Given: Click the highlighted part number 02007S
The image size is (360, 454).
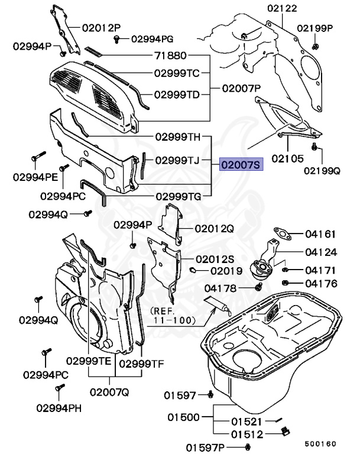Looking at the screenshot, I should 240,164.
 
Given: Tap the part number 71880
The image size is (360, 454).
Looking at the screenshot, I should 170,56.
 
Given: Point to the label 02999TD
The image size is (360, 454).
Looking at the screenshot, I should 177,94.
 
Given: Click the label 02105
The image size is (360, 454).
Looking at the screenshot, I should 287,159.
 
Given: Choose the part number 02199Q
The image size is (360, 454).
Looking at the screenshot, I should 322,171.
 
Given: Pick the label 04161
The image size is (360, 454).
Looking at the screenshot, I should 321,234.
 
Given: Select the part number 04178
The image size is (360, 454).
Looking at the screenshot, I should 220,288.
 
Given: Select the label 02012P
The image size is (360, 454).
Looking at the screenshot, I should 101,27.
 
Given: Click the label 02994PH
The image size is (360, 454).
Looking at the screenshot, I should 60,407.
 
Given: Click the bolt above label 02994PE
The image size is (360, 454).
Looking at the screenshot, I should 37,158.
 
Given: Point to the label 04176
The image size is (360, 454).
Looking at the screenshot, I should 321,284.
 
